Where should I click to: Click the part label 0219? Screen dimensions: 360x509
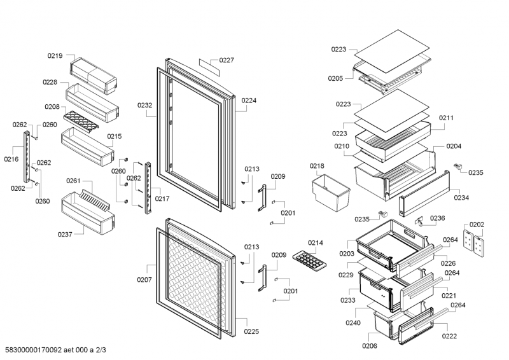coord(55,56)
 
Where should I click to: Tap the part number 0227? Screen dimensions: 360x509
coord(227,60)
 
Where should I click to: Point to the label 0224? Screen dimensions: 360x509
coord(249,100)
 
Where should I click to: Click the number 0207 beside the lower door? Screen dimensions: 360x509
coord(144,279)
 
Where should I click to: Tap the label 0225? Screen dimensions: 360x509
coord(251,331)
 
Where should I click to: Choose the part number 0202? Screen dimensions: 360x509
coord(477,224)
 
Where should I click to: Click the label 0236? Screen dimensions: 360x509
coord(438,218)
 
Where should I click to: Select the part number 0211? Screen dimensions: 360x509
coord(446,118)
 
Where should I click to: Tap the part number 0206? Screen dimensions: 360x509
coord(369,346)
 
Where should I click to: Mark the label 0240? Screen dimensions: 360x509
coord(353,323)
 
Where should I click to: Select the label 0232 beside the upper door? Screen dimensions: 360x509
coord(144,105)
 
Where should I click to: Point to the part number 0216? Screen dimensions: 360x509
coord(11,159)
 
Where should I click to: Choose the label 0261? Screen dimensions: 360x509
coord(73,181)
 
